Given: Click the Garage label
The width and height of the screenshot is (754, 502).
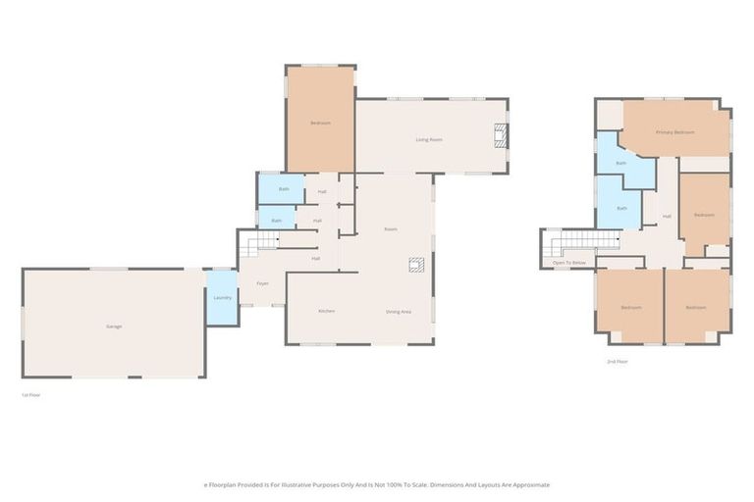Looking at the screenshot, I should (x=114, y=326).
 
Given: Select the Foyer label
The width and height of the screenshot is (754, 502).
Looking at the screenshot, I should (x=262, y=283).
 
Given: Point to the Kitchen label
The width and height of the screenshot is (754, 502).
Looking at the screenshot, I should (x=327, y=311).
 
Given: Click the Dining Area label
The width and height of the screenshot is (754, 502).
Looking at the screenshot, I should (x=398, y=311).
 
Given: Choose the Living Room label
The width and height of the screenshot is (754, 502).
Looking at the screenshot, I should (x=429, y=139).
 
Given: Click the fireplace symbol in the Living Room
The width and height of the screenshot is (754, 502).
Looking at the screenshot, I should (x=501, y=136).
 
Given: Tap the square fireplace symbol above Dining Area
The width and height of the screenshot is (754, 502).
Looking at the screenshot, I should (x=416, y=264).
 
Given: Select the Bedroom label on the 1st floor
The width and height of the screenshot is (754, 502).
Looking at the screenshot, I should (x=320, y=123).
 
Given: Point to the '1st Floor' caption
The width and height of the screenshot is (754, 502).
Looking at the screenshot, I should (x=30, y=394).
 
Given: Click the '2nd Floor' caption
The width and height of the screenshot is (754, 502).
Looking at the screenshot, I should (x=618, y=362).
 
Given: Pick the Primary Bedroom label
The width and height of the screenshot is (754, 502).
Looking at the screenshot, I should (x=675, y=131).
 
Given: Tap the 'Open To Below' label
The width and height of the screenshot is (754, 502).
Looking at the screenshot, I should (x=569, y=263).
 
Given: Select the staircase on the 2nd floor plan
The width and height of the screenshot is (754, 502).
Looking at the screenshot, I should (x=578, y=244).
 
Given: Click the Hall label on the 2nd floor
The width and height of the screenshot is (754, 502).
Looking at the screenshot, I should (x=667, y=216).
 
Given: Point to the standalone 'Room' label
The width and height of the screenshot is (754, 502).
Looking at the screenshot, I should (x=390, y=228).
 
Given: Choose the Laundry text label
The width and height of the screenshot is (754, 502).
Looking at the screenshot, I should (x=222, y=297).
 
